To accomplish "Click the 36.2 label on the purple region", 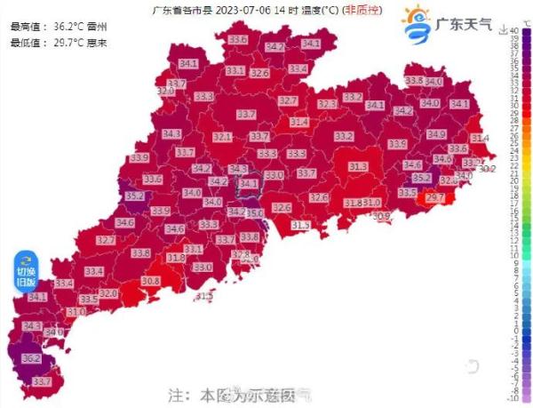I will pyautogui.click(x=32, y=358).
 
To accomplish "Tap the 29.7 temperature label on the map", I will pyautogui.click(x=435, y=197).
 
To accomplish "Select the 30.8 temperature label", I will pyautogui.click(x=150, y=281).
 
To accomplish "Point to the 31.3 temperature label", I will pyautogui.click(x=358, y=167).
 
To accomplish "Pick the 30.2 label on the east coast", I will pyautogui.click(x=487, y=169).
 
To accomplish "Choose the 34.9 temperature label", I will pyautogui.click(x=436, y=134).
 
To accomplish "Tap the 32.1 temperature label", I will pyautogui.click(x=222, y=137).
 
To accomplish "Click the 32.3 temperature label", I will pyautogui.click(x=327, y=105).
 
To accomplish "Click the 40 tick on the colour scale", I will pyautogui.click(x=514, y=31).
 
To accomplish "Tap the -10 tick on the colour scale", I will pyautogui.click(x=514, y=399).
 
